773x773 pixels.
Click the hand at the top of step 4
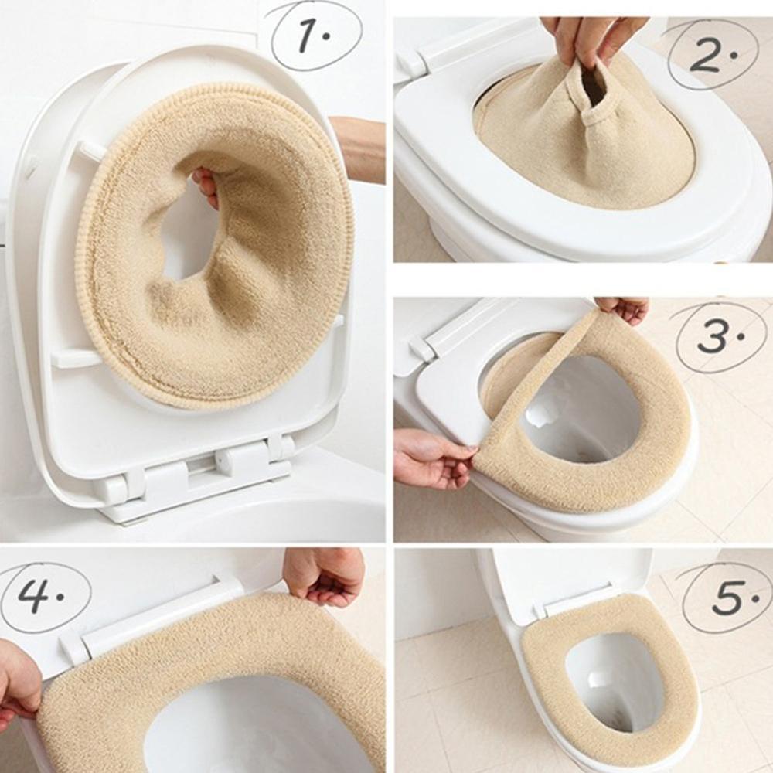(x=325, y=576)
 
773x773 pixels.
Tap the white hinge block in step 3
(x=422, y=348)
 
